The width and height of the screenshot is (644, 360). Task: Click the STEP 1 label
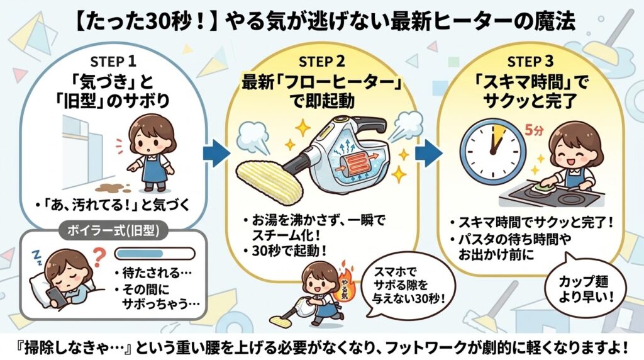point(113,62)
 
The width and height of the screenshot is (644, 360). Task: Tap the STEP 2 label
point(322,62)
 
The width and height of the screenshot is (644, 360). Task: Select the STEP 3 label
point(532,62)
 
